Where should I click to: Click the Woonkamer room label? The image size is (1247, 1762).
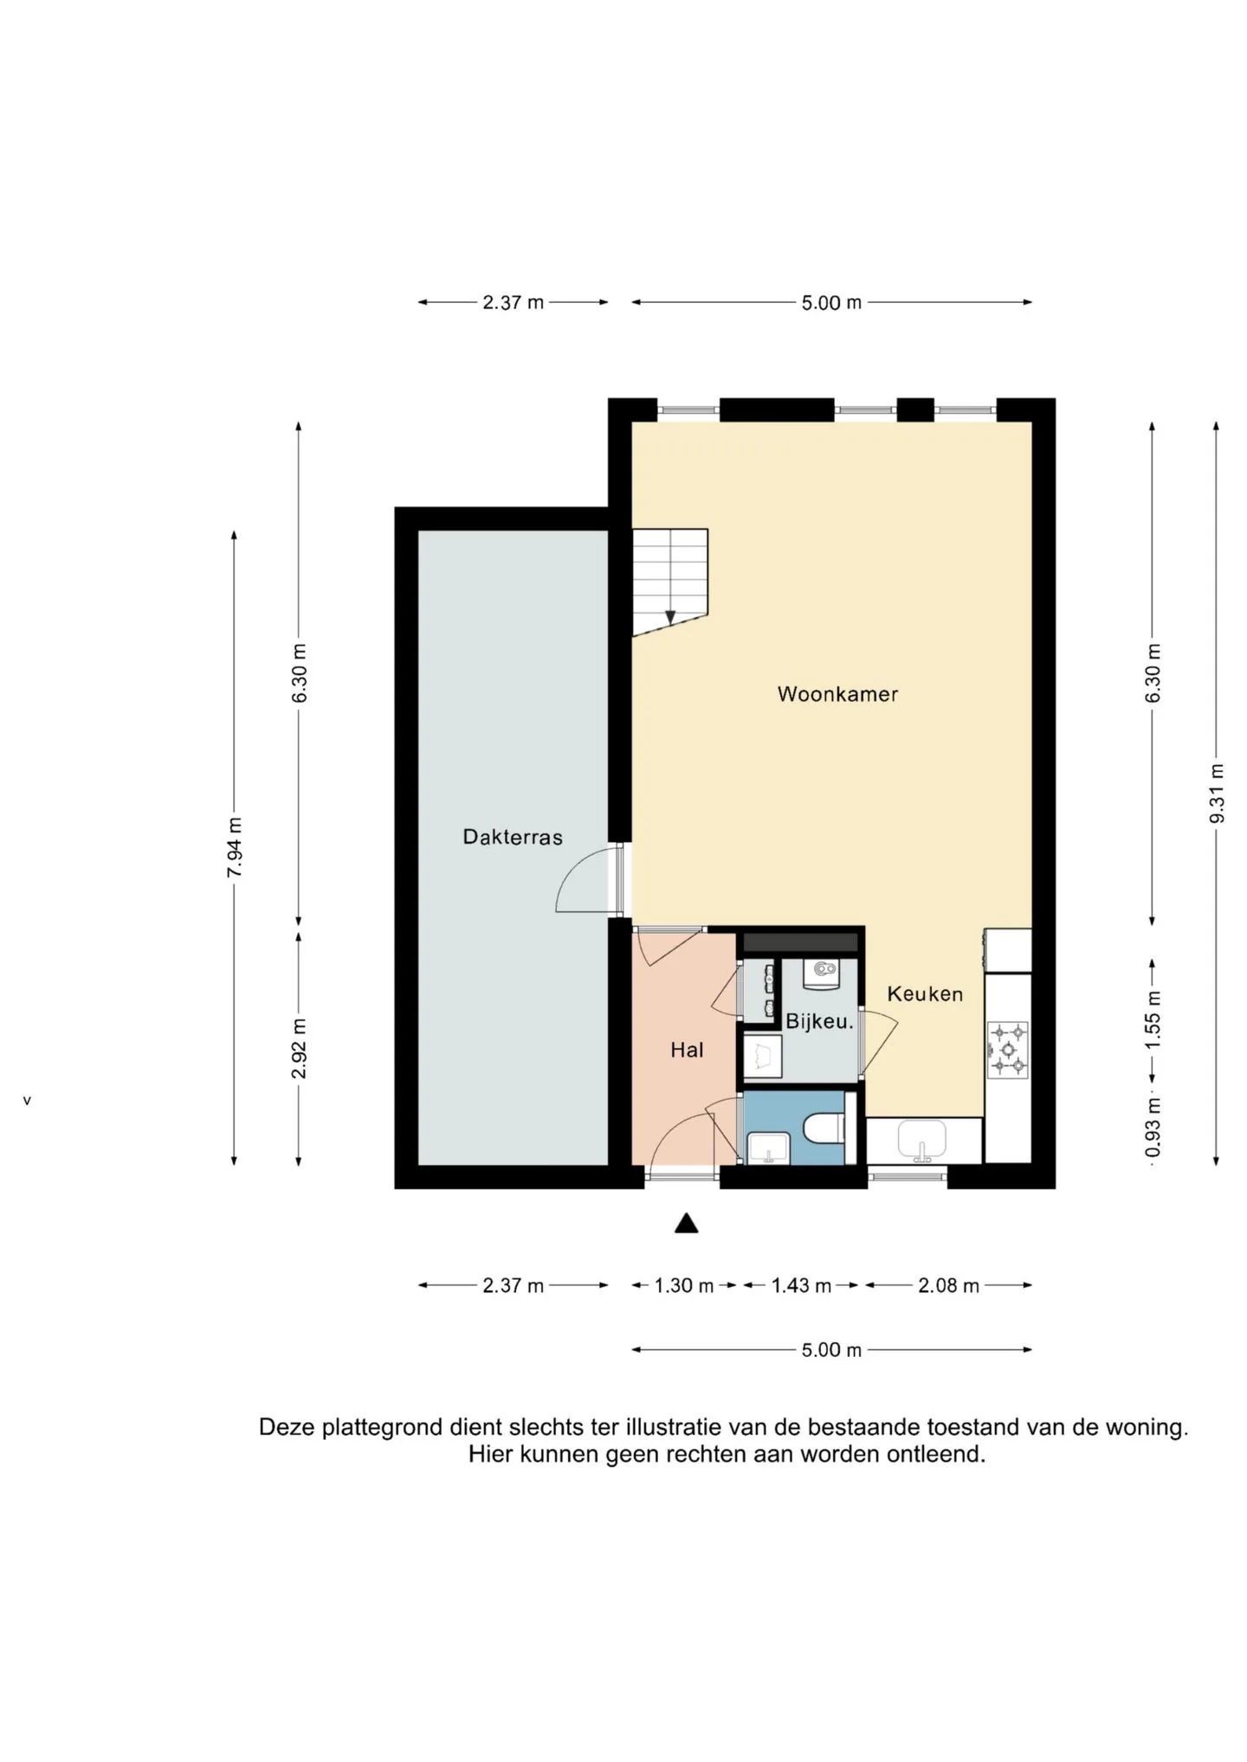(837, 694)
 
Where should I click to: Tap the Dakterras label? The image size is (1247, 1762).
(513, 837)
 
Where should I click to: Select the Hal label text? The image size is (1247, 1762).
(687, 1050)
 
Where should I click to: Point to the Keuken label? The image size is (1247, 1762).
(925, 994)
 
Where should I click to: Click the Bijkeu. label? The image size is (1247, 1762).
(819, 1021)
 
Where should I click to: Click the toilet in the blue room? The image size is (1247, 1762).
(824, 1129)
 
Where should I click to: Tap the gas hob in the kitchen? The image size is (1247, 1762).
(1007, 1050)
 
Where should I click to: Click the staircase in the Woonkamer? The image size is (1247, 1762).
(670, 582)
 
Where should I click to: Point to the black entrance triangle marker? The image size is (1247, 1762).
(687, 1223)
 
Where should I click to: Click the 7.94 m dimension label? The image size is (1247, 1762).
(234, 847)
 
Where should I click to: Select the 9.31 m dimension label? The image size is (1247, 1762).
(1217, 794)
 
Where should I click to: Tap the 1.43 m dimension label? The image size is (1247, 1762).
(802, 1285)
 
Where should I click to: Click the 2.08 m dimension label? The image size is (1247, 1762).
(949, 1285)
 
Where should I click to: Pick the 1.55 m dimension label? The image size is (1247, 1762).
(1153, 1019)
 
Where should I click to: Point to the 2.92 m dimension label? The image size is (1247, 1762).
(299, 1049)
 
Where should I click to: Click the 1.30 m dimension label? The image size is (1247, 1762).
(684, 1285)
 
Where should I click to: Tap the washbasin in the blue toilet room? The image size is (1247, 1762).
(767, 1148)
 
